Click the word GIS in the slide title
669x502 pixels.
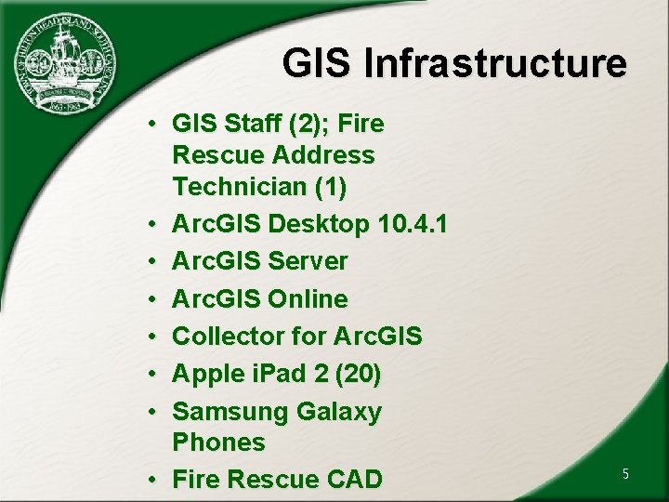(319, 64)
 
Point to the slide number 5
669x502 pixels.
(625, 474)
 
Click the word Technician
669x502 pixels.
(240, 187)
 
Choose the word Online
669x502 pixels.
(308, 299)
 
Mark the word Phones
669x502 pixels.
(219, 443)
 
